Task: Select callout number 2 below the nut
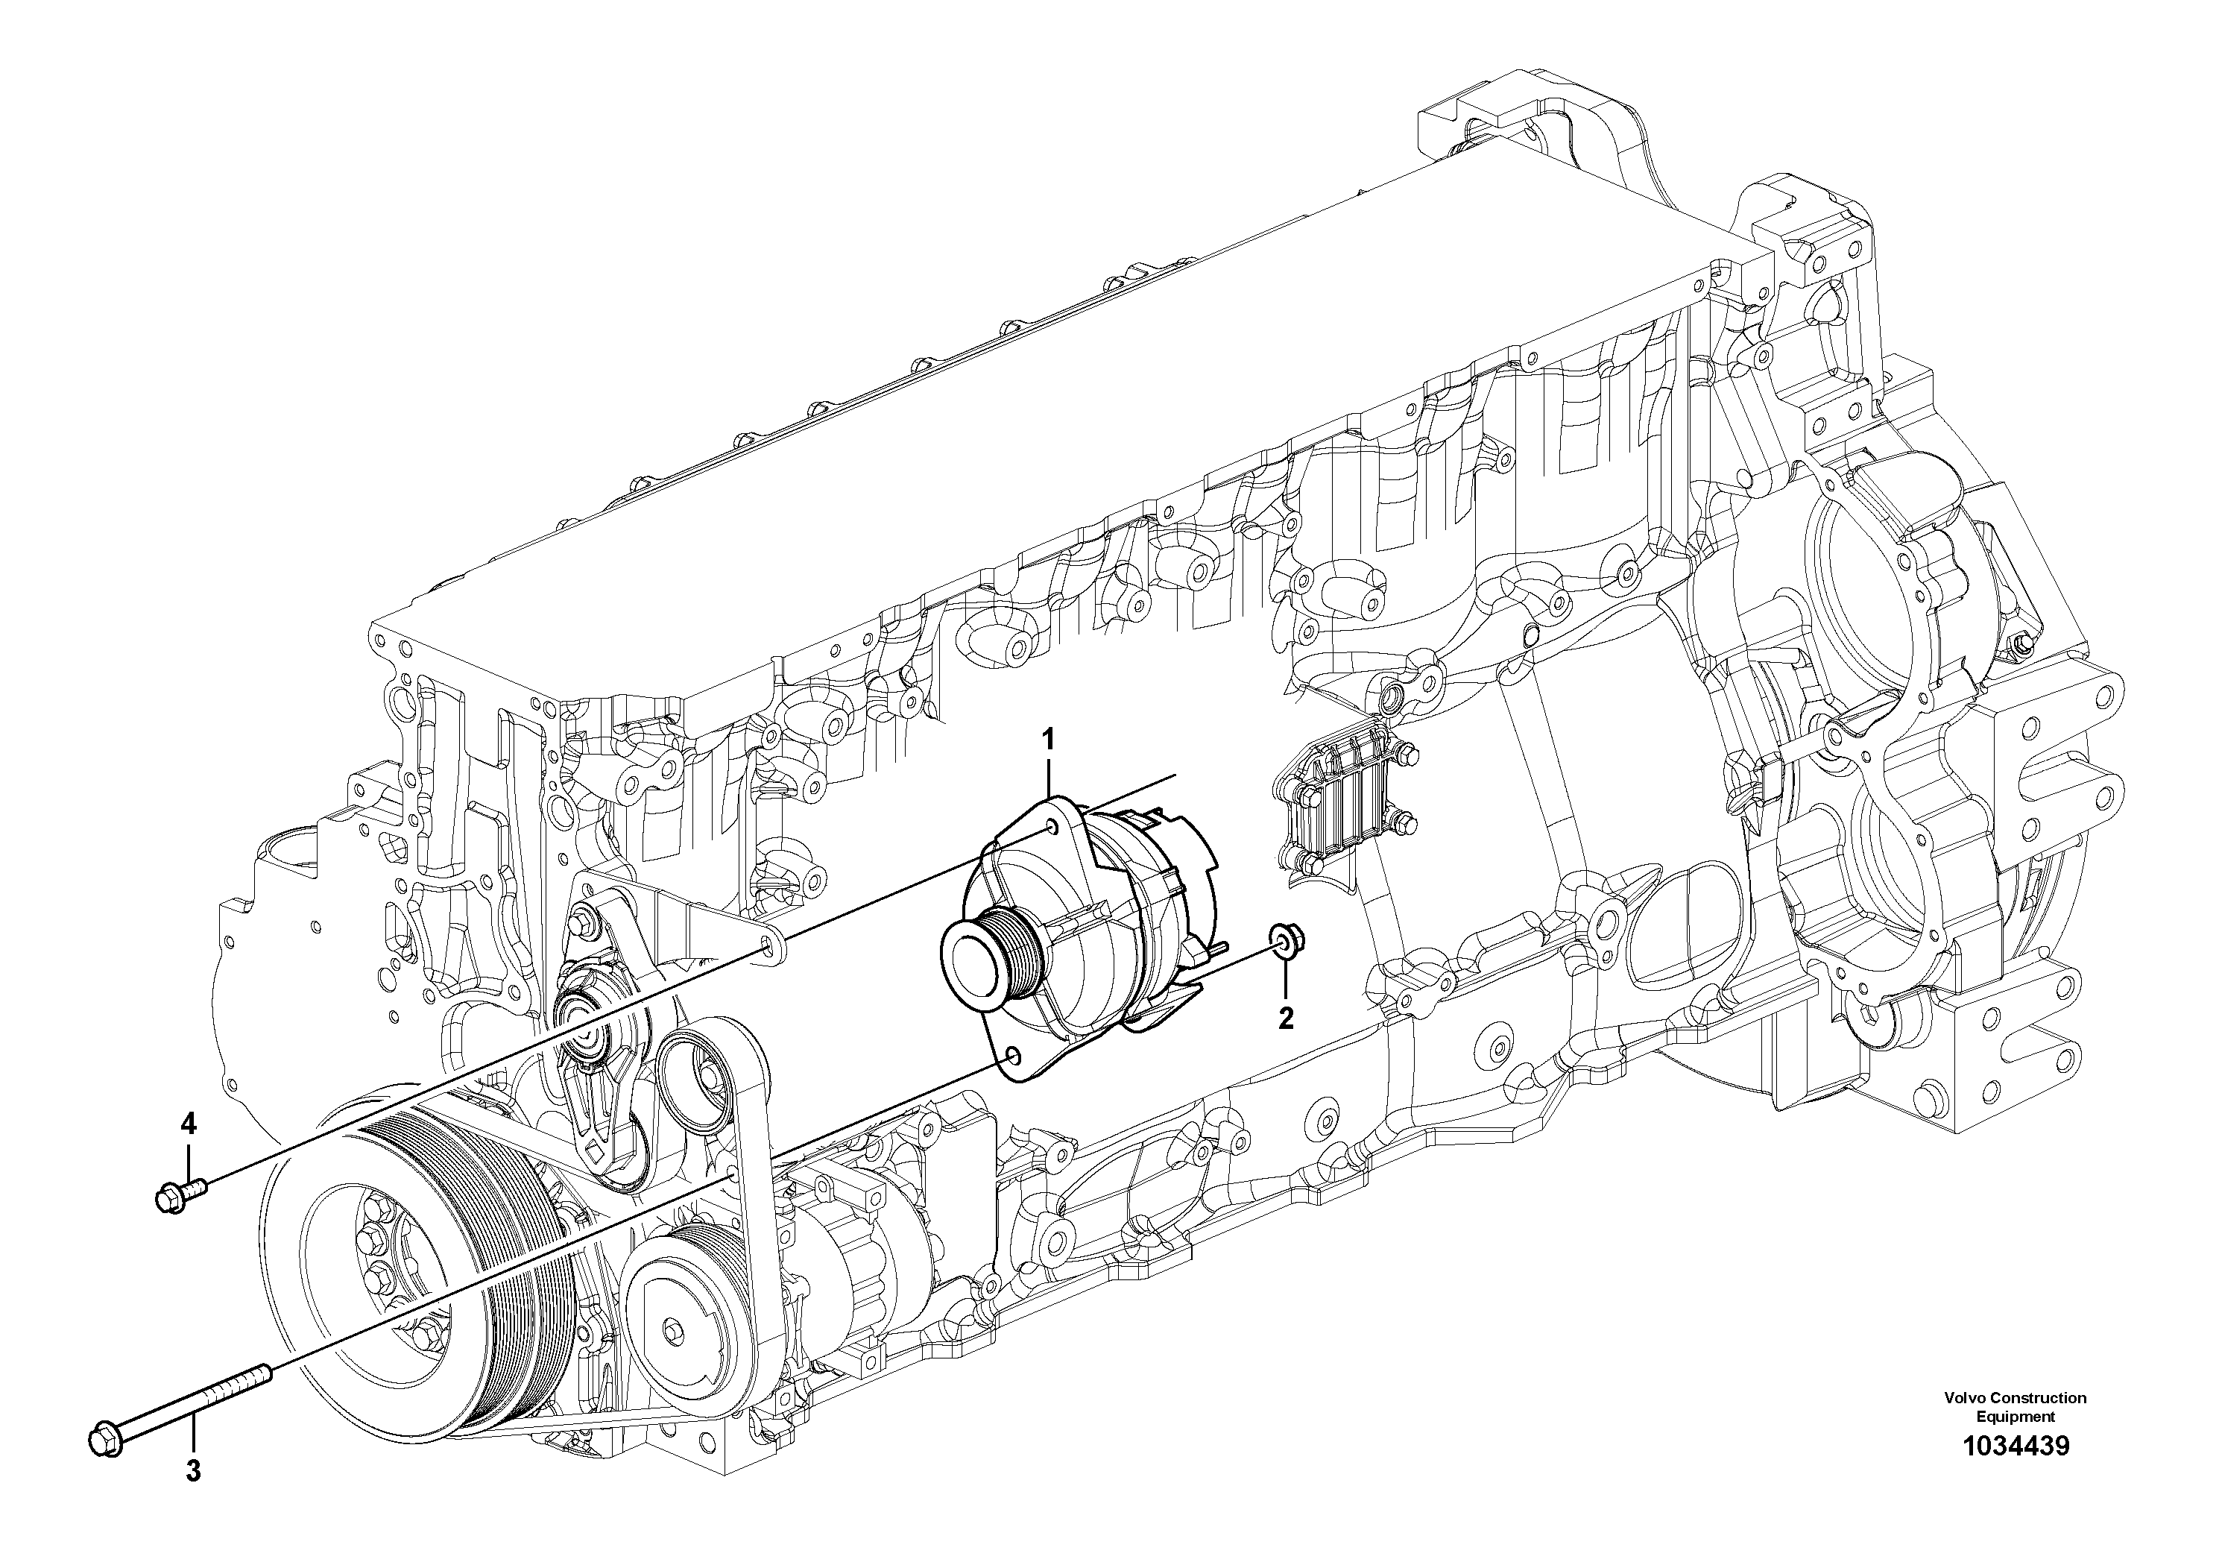(x=1285, y=990)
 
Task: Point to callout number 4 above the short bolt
(x=189, y=1124)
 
